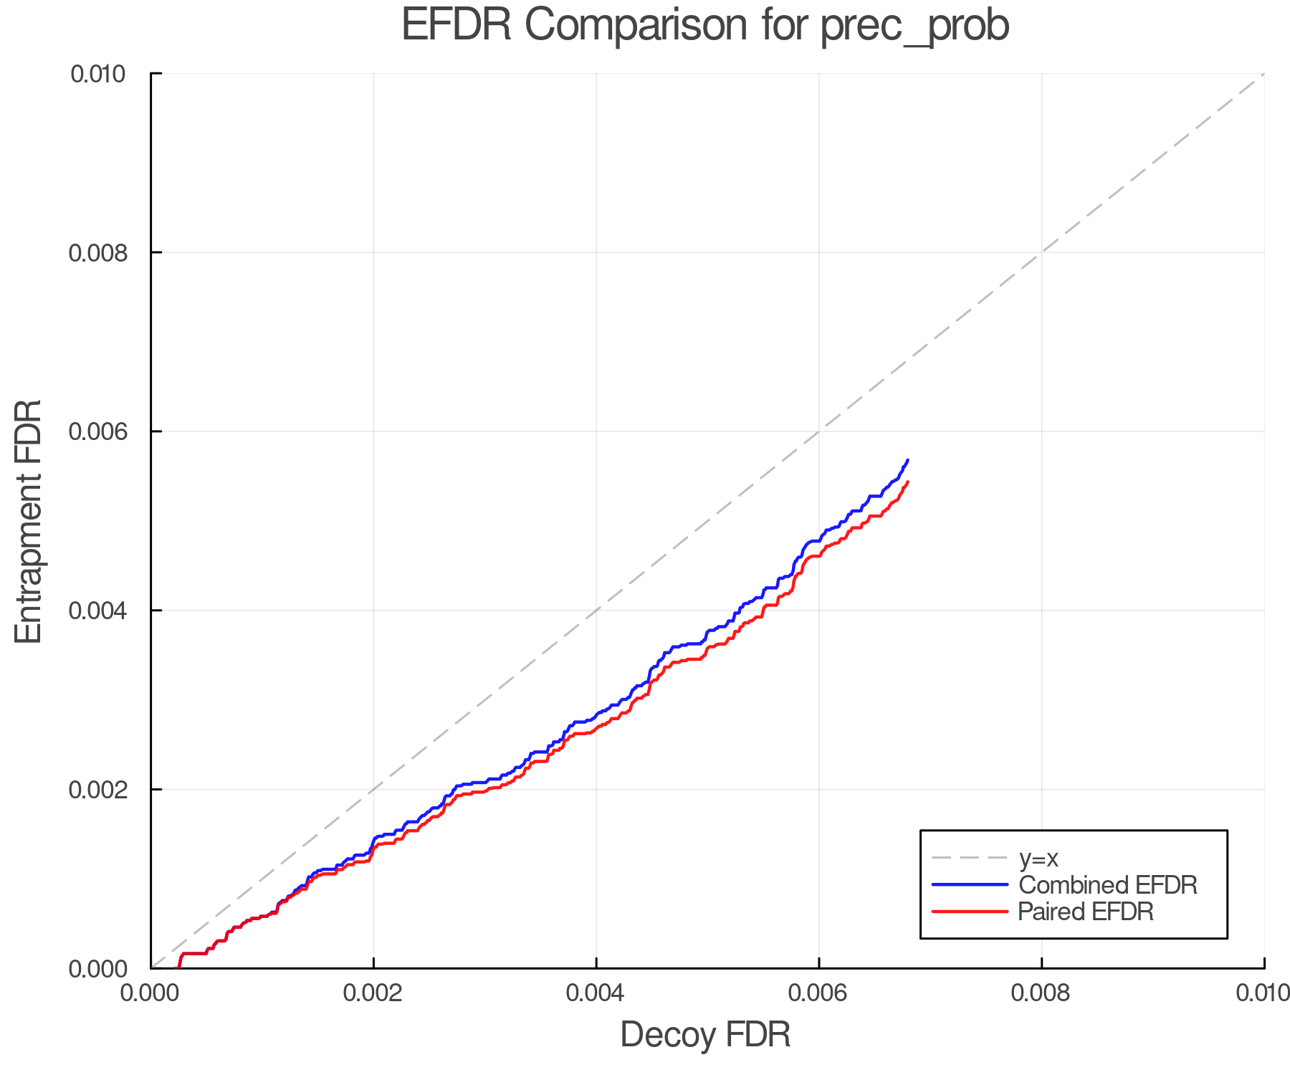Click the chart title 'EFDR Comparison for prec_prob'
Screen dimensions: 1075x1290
pos(705,26)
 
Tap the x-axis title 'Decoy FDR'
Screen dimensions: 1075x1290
pos(705,1035)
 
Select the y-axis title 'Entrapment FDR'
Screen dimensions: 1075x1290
pos(29,521)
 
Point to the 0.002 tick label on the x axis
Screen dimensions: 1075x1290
pos(373,993)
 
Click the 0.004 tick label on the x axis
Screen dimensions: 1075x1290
pos(596,993)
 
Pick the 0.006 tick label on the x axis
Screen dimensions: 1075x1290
pos(818,993)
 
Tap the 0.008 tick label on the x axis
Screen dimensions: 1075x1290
pos(1041,993)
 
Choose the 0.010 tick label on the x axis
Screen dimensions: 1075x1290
pos(1263,993)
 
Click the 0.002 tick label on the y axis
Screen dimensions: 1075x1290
pos(97,790)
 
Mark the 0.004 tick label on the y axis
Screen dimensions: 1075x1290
pos(97,611)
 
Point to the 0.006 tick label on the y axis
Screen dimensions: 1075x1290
pos(97,431)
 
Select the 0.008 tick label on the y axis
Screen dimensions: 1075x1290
pos(97,252)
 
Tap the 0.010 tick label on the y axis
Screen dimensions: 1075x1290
pos(97,74)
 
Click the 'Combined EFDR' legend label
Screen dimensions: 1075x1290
pos(1108,885)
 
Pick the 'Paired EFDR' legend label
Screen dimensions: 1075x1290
pos(1086,912)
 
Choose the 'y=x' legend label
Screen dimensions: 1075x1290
pos(1038,858)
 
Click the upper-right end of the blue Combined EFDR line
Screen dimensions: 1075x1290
pos(908,460)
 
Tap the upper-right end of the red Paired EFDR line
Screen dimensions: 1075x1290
pos(908,482)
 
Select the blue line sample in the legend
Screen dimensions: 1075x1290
pos(970,885)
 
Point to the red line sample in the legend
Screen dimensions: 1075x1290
pos(970,912)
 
